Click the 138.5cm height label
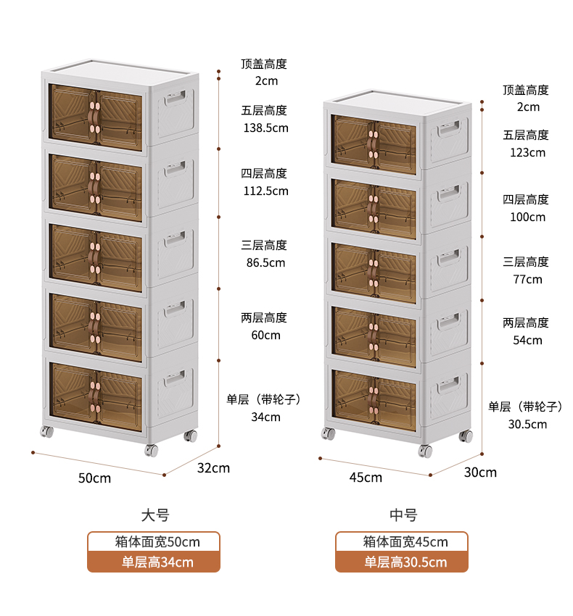266,128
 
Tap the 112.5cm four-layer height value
266,191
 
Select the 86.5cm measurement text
266,262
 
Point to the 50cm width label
94,478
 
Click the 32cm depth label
213,468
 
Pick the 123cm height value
528,152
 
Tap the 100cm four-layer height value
528,217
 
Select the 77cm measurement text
528,279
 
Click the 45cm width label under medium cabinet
366,478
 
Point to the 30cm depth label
480,473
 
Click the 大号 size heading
155,515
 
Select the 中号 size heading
403,515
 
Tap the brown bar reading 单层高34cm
154,562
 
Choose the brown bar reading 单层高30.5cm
402,562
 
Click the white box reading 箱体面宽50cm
154,542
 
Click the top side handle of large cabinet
176,97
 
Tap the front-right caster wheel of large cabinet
151,450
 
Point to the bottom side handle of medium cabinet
449,384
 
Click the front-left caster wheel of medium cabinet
329,433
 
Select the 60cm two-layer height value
266,335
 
